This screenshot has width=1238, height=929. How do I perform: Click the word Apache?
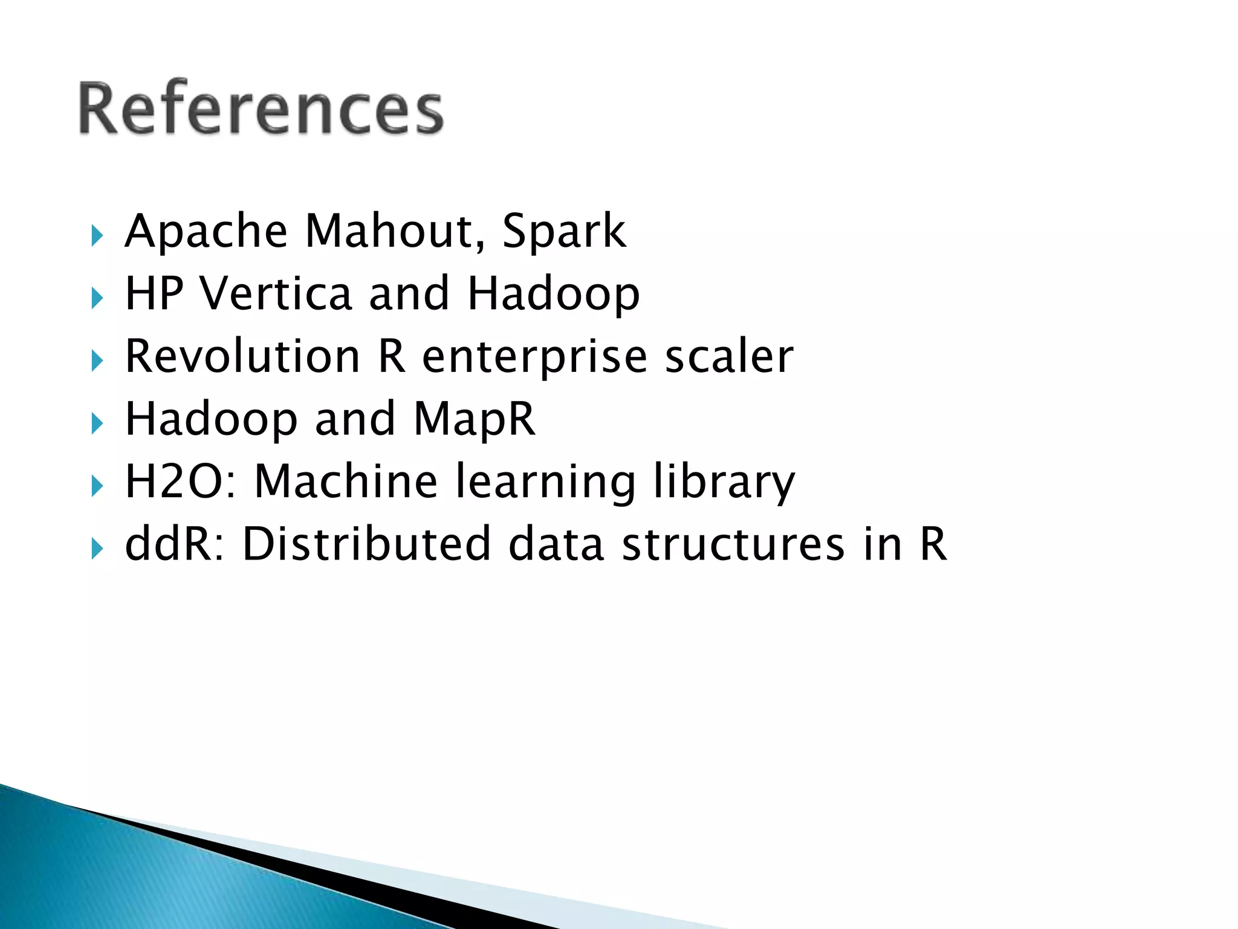coord(206,231)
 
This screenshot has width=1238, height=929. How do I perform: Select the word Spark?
coord(564,231)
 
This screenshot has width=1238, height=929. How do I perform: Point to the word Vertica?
coord(276,293)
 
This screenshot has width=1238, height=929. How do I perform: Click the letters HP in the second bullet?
coord(154,293)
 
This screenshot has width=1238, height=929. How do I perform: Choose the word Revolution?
coord(243,356)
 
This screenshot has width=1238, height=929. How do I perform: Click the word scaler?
coord(729,356)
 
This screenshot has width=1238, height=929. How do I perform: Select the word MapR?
coord(475,419)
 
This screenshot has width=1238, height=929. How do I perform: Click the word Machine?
coord(346,481)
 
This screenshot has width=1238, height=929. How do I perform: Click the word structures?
coord(733,544)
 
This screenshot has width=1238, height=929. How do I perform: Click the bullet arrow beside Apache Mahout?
coord(97,235)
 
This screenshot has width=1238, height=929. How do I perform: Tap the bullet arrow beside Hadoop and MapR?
coord(97,423)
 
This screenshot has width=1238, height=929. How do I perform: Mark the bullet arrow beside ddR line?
coord(97,549)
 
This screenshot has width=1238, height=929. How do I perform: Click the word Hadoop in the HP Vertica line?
coord(553,295)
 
